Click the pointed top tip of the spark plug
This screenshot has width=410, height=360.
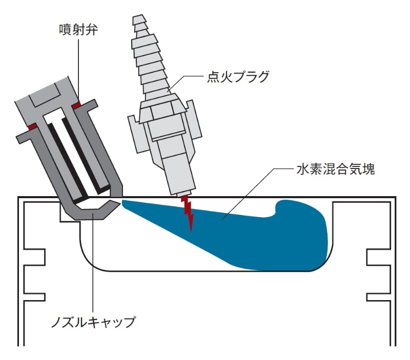(x=139, y=19)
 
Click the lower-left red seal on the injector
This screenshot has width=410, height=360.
(x=31, y=126)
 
